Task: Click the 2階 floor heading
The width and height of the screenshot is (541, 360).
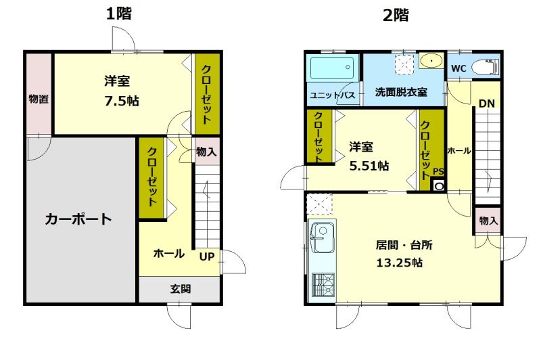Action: pyautogui.click(x=396, y=15)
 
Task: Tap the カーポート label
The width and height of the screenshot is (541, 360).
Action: pyautogui.click(x=78, y=219)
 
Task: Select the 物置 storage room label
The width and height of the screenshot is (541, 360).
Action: pyautogui.click(x=39, y=99)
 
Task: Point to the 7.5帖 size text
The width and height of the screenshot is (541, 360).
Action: pyautogui.click(x=122, y=101)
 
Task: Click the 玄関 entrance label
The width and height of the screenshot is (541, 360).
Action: pyautogui.click(x=180, y=289)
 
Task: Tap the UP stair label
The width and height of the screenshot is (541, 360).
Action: pyautogui.click(x=206, y=256)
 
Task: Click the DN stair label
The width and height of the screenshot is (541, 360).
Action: pyautogui.click(x=486, y=104)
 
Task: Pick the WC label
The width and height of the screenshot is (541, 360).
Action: pyautogui.click(x=458, y=68)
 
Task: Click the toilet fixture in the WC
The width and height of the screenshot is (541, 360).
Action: pyautogui.click(x=485, y=66)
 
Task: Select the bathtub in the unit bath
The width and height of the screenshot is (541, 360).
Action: pyautogui.click(x=331, y=69)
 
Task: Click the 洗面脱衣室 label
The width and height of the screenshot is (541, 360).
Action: pyautogui.click(x=401, y=92)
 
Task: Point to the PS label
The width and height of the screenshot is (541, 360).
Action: pyautogui.click(x=438, y=172)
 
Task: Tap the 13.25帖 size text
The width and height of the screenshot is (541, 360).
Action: pyautogui.click(x=399, y=263)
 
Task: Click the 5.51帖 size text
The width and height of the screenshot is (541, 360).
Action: pyautogui.click(x=369, y=165)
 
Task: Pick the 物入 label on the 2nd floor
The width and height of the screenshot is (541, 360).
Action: pyautogui.click(x=488, y=221)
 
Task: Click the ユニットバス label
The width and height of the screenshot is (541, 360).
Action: pyautogui.click(x=332, y=95)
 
